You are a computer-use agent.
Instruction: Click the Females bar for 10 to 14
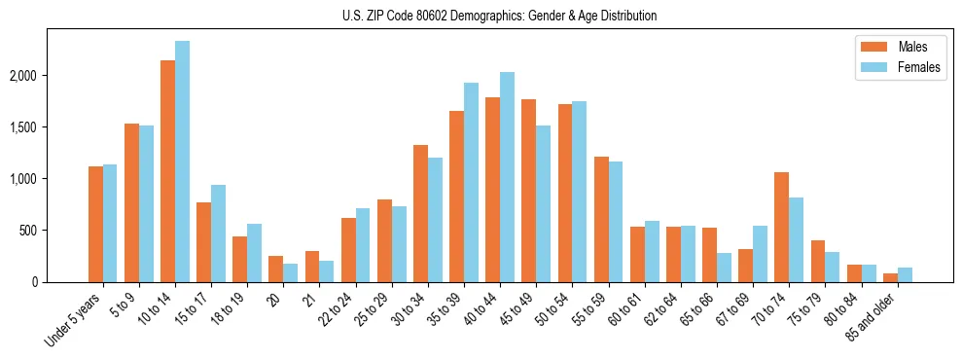coord(183,162)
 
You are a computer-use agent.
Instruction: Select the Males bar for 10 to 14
coord(168,171)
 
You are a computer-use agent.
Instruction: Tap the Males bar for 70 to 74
coord(782,227)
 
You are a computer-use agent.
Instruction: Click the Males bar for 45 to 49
coord(529,191)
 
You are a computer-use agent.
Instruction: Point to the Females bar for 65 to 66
coord(725,268)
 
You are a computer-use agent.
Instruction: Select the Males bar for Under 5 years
coord(95,224)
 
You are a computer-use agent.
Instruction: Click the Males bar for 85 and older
coord(891,277)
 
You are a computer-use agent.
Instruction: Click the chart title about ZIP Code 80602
coord(499,16)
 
